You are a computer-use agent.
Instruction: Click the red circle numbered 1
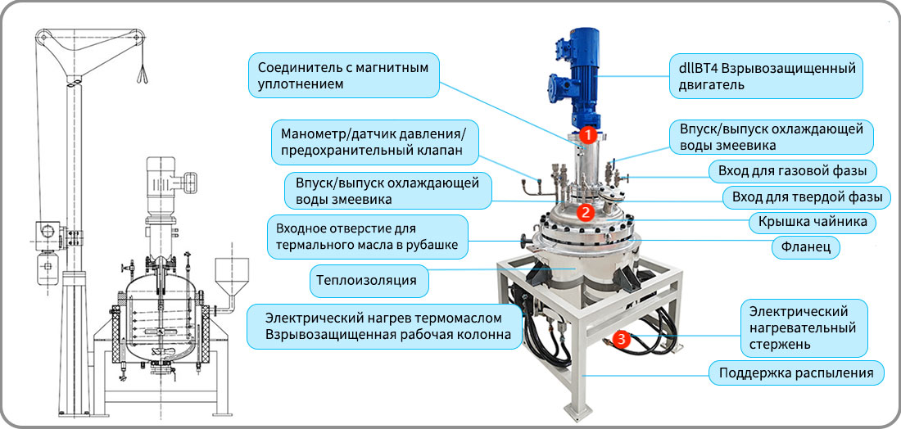(x=586, y=135)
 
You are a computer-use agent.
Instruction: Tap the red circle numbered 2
(x=585, y=213)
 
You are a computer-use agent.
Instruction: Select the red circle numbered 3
(x=621, y=340)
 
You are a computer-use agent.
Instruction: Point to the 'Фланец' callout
(x=806, y=247)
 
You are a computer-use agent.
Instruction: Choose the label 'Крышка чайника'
(x=812, y=222)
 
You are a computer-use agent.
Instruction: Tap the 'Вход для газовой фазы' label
(x=792, y=170)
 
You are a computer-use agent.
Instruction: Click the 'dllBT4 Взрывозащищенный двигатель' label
(x=767, y=76)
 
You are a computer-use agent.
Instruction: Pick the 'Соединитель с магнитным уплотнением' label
(x=344, y=75)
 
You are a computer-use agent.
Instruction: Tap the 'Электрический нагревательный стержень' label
(x=803, y=328)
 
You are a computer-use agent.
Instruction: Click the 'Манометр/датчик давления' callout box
(x=374, y=143)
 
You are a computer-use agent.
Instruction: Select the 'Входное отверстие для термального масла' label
(x=367, y=237)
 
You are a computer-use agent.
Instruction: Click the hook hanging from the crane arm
(x=142, y=72)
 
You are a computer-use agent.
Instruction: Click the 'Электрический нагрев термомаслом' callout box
(x=385, y=326)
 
